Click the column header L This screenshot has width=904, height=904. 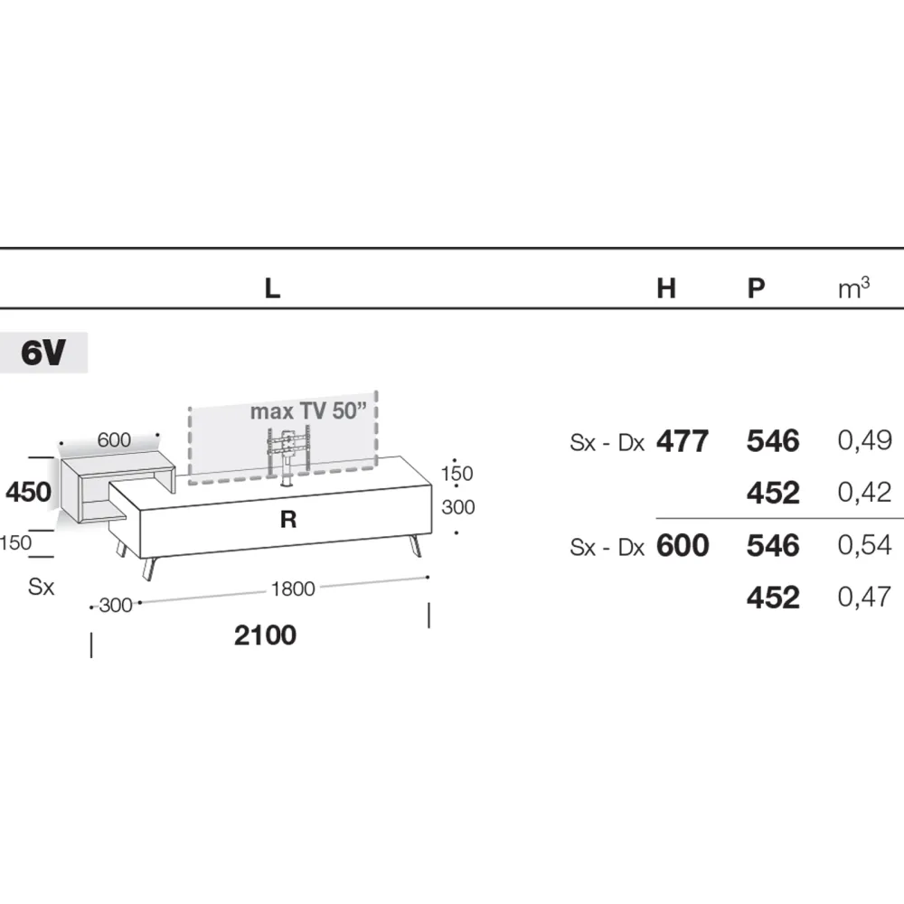272,288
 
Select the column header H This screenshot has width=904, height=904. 666,288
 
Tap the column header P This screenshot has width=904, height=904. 756,288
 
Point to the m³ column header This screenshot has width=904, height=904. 854,287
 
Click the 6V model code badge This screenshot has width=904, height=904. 43,353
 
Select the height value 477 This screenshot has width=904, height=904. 683,442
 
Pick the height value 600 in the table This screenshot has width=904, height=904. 683,545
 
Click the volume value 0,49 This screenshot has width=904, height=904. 865,441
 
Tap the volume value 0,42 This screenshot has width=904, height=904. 865,493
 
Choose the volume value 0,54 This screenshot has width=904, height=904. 865,545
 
